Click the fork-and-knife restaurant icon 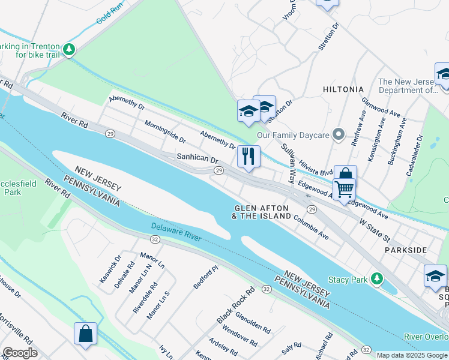(x=249, y=156)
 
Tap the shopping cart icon (x=344, y=189)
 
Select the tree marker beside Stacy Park (x=376, y=279)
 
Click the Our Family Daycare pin (x=339, y=135)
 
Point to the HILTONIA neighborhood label (x=343, y=89)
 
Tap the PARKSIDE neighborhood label (x=406, y=250)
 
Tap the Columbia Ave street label (x=311, y=228)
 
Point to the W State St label (x=375, y=226)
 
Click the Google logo (x=20, y=352)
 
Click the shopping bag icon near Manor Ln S (x=85, y=334)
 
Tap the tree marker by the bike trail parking (x=70, y=49)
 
